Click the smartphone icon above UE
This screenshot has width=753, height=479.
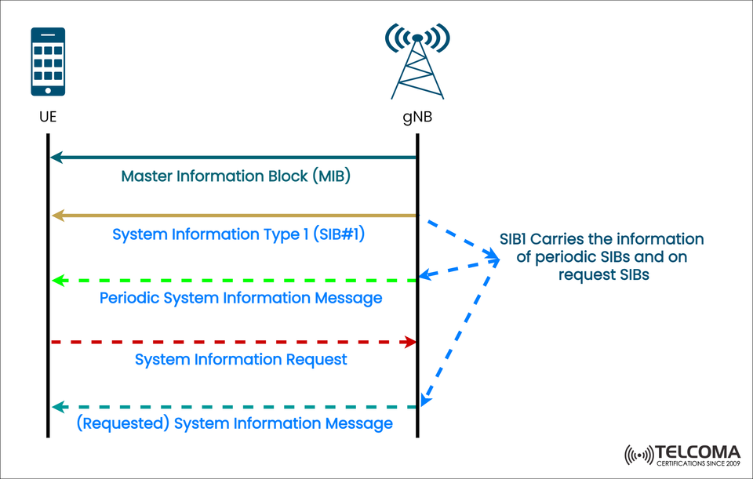48,62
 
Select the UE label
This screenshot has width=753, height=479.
47,118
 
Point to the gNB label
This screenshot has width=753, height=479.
417,118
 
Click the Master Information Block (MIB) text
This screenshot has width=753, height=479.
235,176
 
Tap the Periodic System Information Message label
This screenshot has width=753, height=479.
241,298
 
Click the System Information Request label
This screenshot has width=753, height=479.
241,360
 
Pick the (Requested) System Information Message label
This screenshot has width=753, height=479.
235,423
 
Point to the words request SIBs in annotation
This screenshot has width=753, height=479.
603,274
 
